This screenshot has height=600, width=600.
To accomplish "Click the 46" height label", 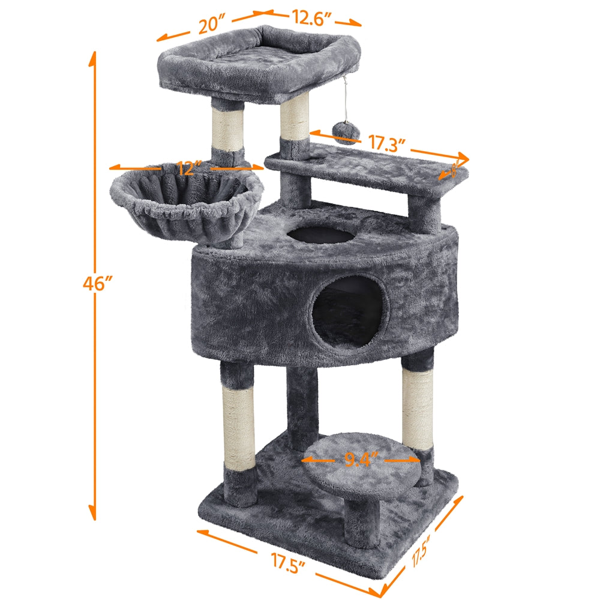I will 98,283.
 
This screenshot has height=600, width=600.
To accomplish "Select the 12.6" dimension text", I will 312,18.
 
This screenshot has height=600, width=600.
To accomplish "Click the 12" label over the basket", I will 190,168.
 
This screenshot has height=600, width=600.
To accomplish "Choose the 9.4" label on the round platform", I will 362,460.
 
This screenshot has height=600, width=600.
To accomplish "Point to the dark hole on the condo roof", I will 324,233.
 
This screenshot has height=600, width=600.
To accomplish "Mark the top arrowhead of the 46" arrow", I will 93,59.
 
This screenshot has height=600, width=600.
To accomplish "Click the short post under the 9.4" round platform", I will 362,522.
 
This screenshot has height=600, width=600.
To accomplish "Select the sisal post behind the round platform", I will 417,408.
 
